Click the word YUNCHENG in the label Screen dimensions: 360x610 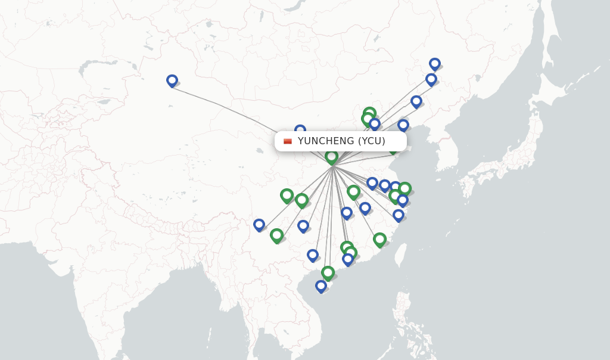click(x=326, y=141)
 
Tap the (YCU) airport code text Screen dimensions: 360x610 click(x=371, y=141)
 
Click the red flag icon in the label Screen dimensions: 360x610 click(x=288, y=141)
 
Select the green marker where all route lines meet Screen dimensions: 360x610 click(x=332, y=157)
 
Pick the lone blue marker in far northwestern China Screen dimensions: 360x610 click(x=172, y=80)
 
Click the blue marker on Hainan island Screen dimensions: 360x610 click(x=321, y=286)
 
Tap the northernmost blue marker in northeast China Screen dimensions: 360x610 click(x=435, y=64)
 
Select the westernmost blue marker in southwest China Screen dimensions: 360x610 click(x=259, y=225)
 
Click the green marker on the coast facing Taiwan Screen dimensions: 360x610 click(x=379, y=240)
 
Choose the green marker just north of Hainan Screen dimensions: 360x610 click(x=328, y=273)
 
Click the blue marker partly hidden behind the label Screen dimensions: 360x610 click(x=300, y=129)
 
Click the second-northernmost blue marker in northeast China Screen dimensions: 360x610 click(x=431, y=79)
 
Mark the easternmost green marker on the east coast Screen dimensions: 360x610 click(x=404, y=189)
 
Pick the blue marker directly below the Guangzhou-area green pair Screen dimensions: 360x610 click(x=348, y=259)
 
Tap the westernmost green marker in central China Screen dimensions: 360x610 click(x=287, y=195)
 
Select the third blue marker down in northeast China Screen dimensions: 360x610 click(x=416, y=101)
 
